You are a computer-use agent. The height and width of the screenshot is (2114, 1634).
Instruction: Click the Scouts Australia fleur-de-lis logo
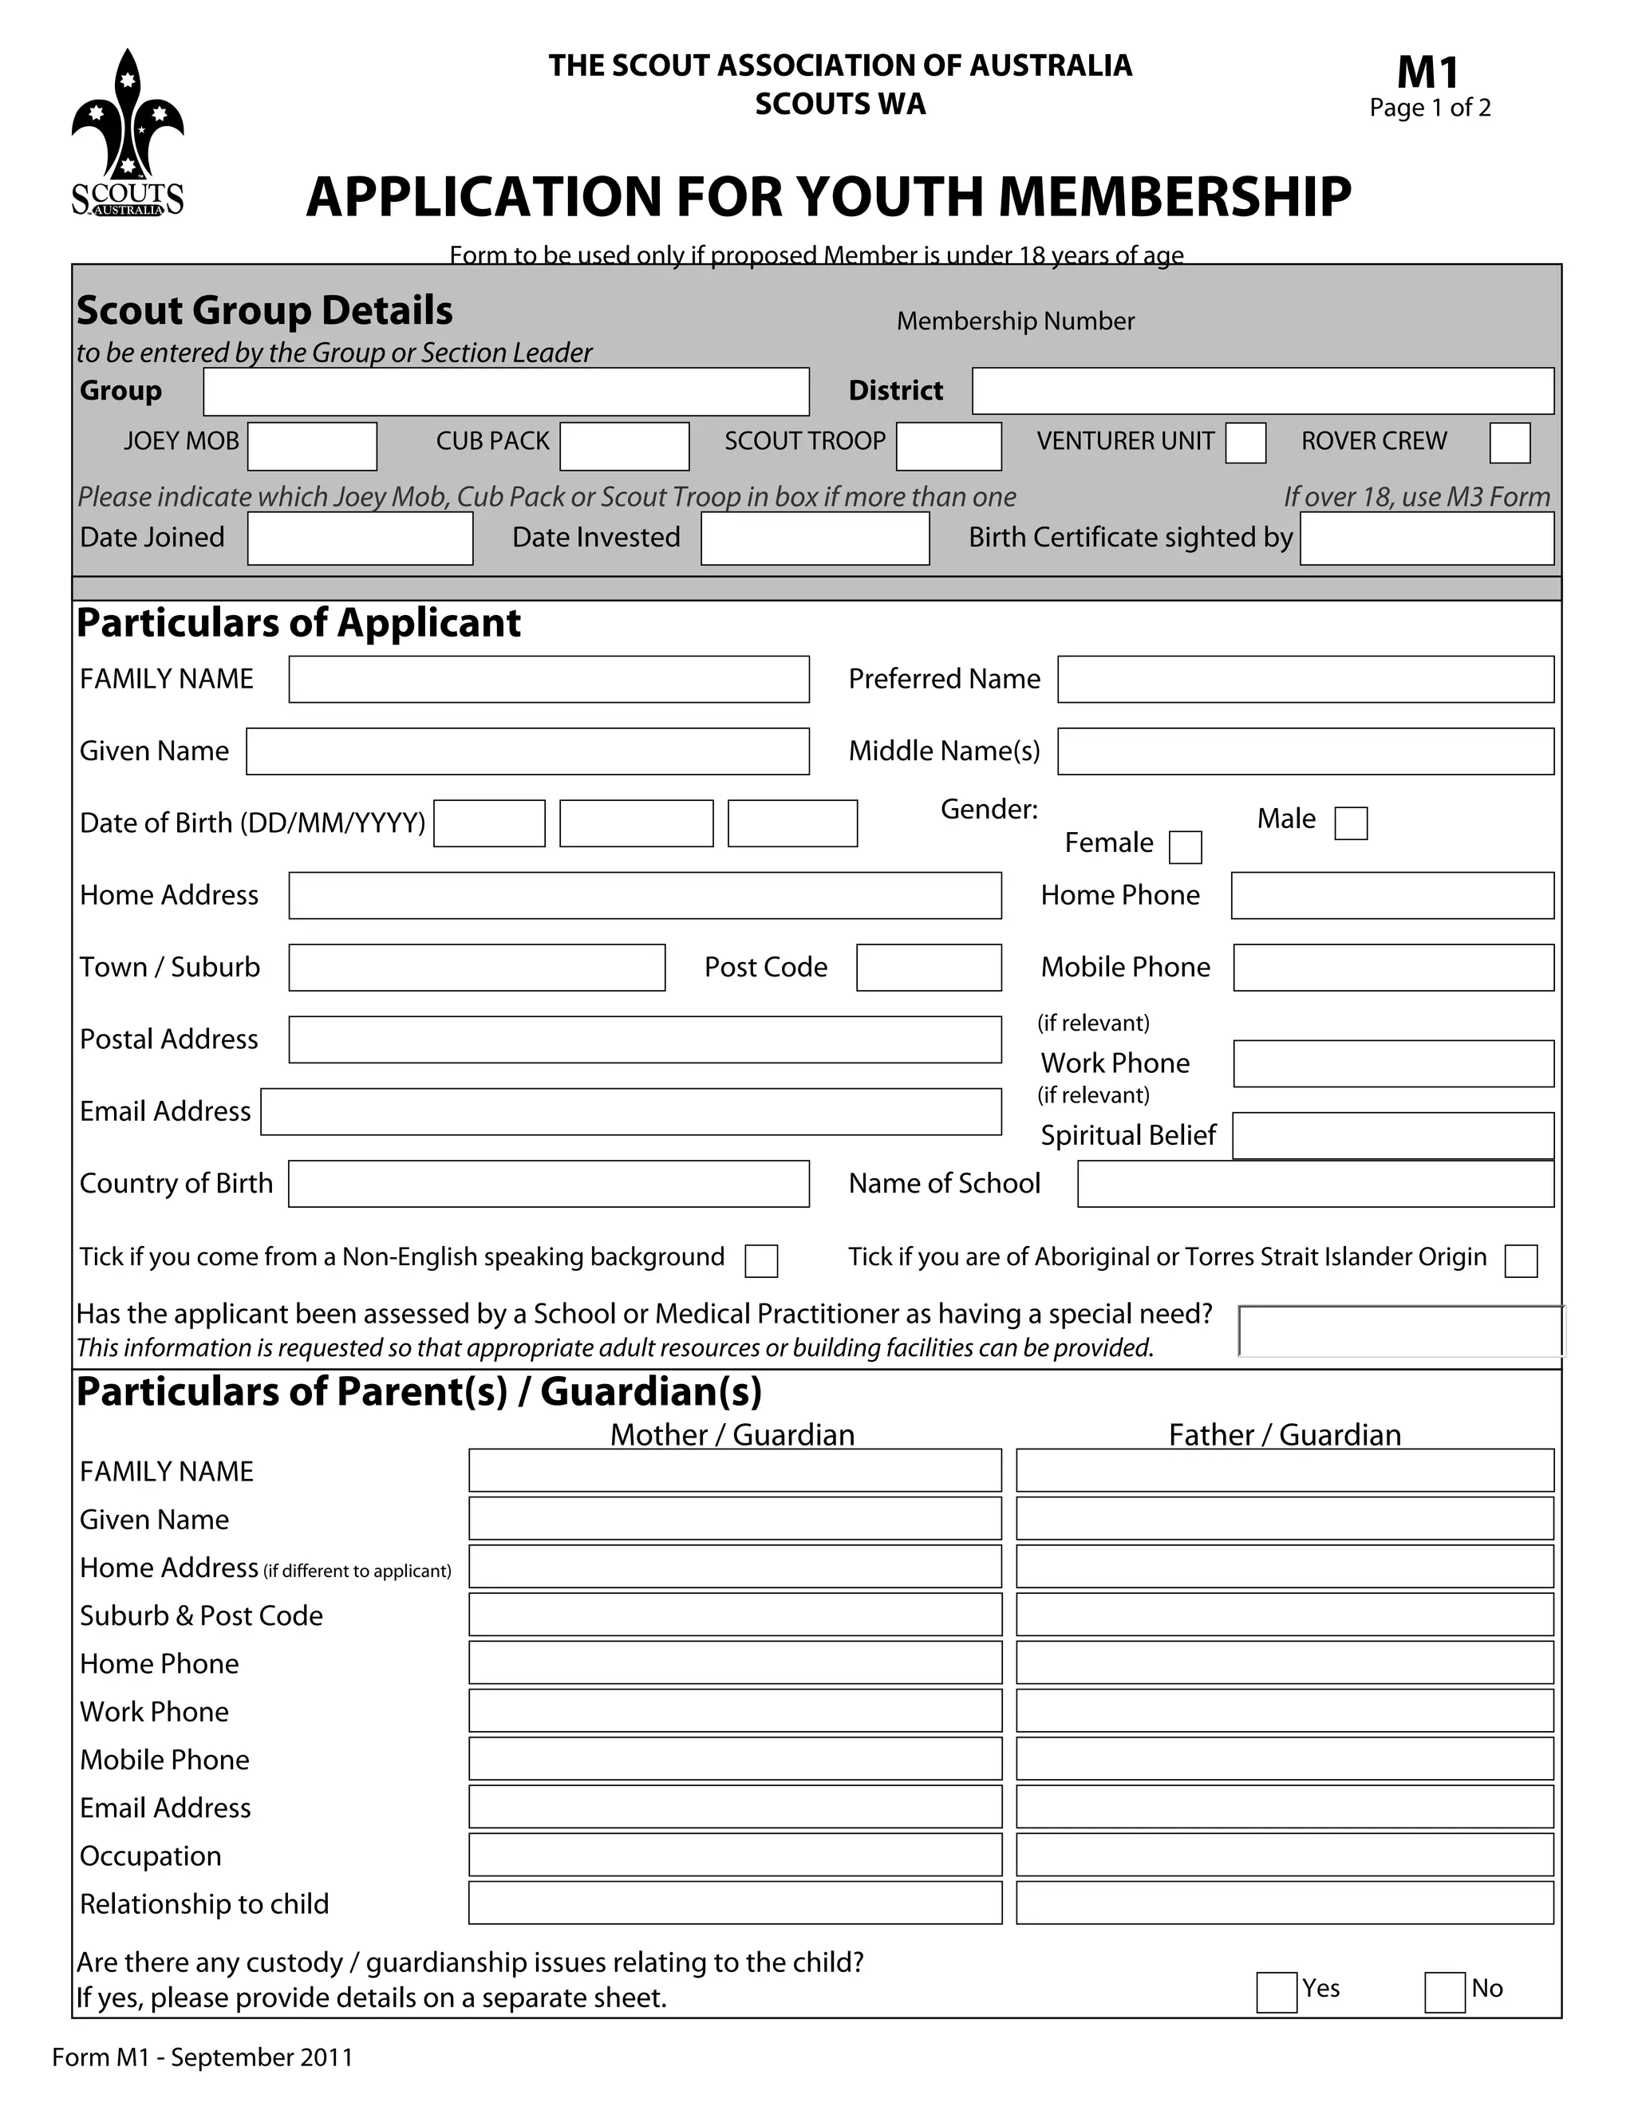point(127,133)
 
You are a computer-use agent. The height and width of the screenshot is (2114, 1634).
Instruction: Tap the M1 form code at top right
point(1428,73)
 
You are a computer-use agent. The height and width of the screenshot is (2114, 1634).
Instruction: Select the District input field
point(1262,392)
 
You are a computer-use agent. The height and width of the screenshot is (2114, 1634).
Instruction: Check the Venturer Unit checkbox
point(1245,444)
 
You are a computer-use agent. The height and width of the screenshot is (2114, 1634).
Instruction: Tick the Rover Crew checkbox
point(1509,444)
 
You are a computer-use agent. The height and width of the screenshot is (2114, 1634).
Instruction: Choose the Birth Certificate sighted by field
point(1426,539)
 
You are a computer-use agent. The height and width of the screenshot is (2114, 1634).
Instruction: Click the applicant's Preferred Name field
point(1304,680)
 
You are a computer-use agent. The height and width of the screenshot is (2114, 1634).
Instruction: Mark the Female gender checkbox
point(1185,847)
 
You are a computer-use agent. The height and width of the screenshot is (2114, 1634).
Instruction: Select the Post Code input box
point(929,968)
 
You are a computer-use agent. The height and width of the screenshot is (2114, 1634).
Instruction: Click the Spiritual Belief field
point(1393,1135)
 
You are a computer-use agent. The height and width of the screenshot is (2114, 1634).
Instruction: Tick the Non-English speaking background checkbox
point(761,1261)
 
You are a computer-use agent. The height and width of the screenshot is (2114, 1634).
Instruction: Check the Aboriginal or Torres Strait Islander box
point(1521,1261)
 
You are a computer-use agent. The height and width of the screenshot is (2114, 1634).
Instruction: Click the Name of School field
point(1315,1184)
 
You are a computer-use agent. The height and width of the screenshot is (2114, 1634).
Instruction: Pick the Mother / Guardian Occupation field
point(735,1856)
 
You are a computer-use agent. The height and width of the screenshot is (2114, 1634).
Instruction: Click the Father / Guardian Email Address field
point(1285,1807)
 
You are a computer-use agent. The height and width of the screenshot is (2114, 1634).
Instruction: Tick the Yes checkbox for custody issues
point(1276,1993)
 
